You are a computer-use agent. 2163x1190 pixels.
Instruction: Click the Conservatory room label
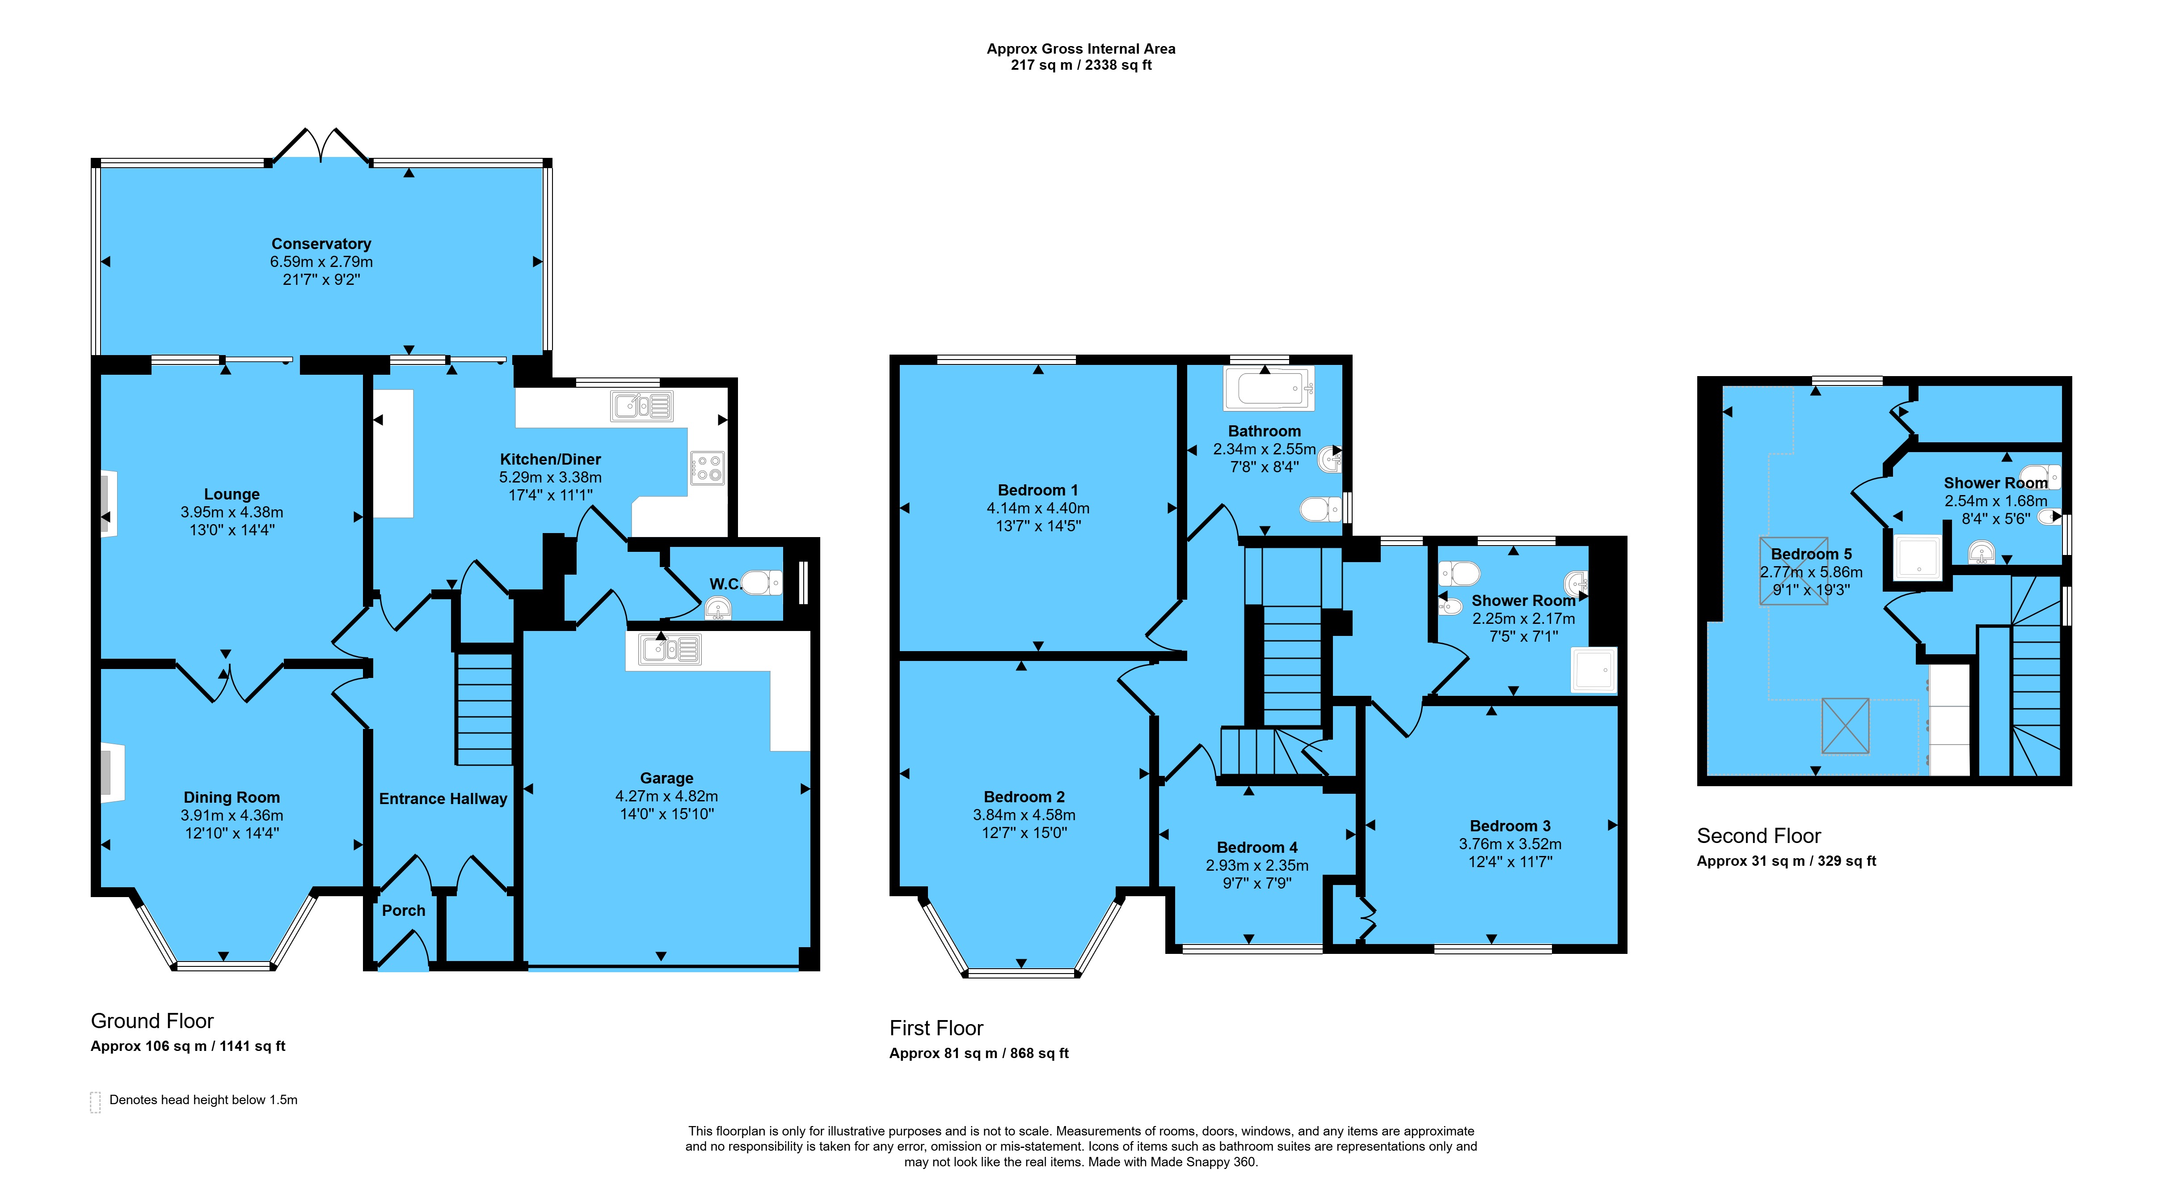coord(321,244)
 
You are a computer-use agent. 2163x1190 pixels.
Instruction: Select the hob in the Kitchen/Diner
coord(707,468)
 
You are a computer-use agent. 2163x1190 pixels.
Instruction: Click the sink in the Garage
coord(669,649)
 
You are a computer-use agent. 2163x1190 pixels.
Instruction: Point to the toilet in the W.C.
coord(763,582)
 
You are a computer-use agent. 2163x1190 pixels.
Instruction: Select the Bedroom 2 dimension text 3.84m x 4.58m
coord(1025,815)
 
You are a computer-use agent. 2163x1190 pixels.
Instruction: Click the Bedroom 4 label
coord(1257,847)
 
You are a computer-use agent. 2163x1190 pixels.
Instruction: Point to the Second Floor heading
coord(1758,836)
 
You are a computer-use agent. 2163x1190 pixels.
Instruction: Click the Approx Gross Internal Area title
coord(1081,49)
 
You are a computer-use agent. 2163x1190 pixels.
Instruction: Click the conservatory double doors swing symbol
coord(320,144)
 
